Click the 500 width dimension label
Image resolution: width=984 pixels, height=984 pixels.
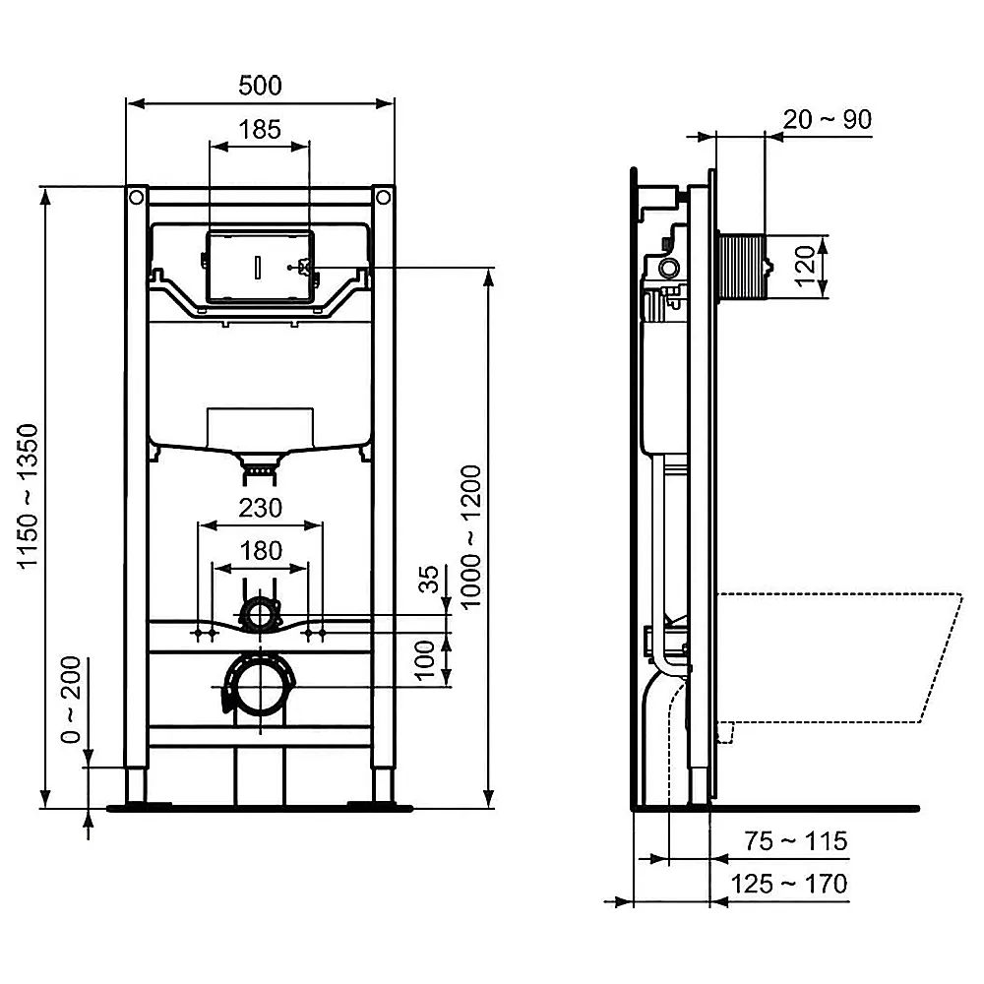(261, 86)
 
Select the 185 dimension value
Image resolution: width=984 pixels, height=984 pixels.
(261, 129)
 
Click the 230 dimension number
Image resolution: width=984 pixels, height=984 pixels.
(261, 508)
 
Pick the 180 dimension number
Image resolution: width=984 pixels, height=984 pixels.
(261, 550)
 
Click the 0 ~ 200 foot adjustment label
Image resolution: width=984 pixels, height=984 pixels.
(70, 700)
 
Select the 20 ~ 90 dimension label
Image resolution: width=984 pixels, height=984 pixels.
(827, 119)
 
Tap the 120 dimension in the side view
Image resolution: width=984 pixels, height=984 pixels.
(806, 265)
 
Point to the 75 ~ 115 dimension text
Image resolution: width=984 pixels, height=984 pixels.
(795, 841)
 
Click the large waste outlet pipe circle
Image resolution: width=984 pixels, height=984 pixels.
(261, 686)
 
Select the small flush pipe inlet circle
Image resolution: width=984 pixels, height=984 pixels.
(261, 616)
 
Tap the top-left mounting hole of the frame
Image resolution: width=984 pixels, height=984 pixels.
(136, 198)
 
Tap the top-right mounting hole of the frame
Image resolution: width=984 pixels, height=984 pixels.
(384, 198)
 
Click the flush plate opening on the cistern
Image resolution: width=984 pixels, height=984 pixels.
(261, 267)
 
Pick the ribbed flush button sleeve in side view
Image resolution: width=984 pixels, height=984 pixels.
(744, 266)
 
